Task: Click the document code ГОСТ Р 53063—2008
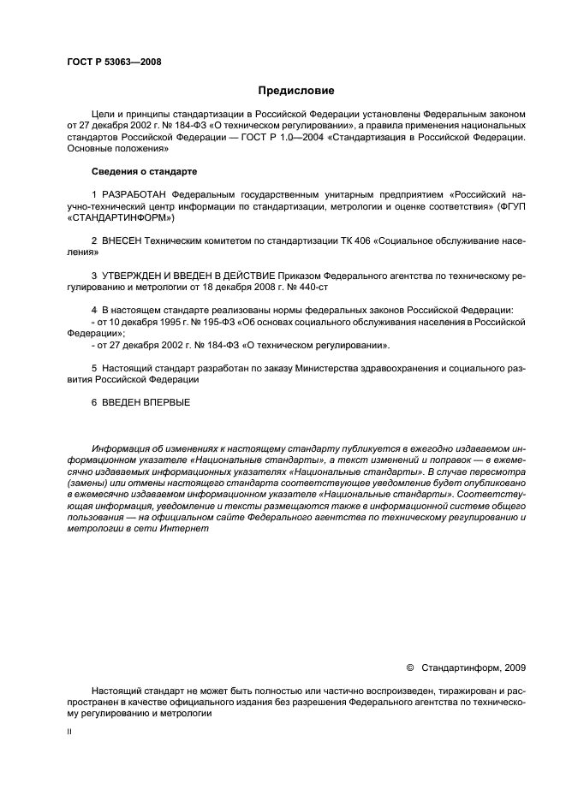click(113, 62)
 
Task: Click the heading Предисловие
click(296, 90)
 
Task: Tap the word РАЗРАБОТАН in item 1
click(134, 196)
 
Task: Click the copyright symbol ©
click(409, 666)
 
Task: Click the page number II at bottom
click(69, 733)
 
